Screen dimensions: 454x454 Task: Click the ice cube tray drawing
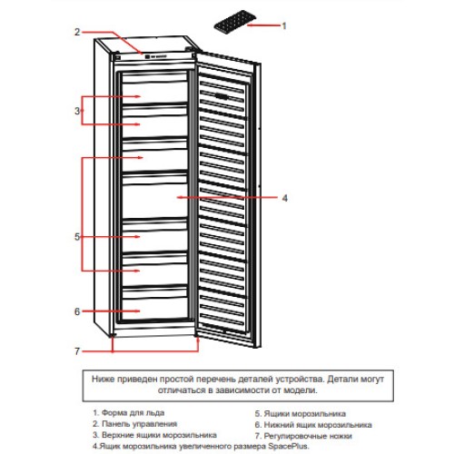235,20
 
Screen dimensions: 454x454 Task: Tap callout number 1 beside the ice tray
284,26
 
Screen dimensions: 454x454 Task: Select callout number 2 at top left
77,32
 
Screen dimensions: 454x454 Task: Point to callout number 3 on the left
77,111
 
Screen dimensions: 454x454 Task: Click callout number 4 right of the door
284,198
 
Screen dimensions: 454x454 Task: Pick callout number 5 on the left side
77,237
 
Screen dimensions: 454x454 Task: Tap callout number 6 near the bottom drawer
77,311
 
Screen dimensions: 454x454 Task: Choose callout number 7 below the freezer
77,351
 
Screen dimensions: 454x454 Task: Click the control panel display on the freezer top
155,56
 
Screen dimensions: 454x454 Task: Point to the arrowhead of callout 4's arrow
179,197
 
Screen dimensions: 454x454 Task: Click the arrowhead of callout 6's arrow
138,311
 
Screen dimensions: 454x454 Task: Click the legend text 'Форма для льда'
133,412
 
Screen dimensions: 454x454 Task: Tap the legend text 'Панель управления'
139,424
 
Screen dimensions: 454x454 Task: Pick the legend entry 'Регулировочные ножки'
308,436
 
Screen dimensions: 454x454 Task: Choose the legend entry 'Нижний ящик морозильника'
318,425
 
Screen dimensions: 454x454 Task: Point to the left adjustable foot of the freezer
113,335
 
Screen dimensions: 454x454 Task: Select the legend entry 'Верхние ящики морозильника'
159,435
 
